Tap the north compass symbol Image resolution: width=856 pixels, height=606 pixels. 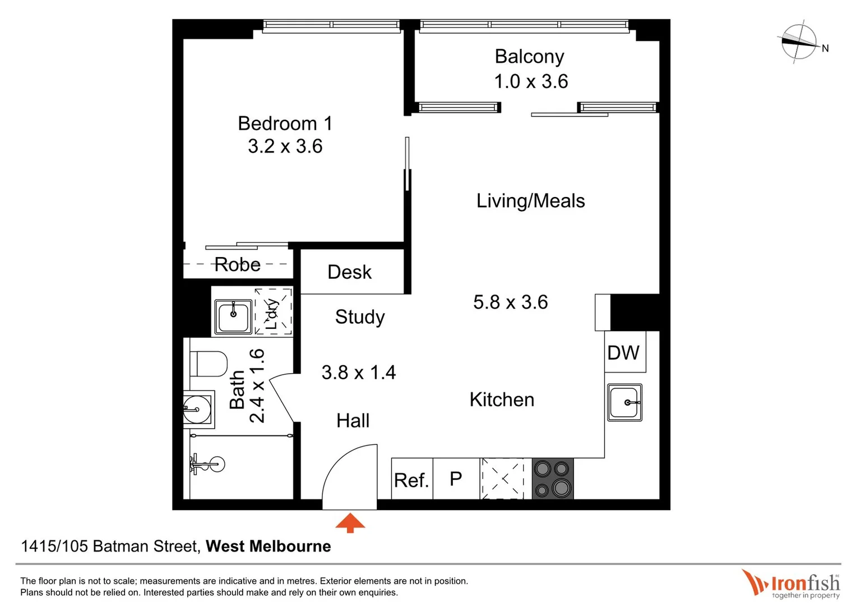pos(799,42)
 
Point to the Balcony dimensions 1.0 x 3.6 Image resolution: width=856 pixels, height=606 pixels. pos(531,82)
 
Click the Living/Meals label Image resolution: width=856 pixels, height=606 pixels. pos(530,201)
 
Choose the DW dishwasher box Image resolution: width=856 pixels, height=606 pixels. pos(624,352)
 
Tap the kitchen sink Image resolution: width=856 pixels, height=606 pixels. pos(624,402)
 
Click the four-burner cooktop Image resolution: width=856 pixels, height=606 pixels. pos(552,479)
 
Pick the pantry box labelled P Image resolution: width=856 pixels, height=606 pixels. pos(456,479)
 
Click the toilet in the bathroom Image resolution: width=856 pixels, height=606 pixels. pos(208,364)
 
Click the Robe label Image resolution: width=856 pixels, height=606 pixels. pos(238,265)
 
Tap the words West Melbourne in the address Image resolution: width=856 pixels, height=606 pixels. pos(268,546)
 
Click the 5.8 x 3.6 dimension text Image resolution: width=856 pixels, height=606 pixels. pos(510,302)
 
